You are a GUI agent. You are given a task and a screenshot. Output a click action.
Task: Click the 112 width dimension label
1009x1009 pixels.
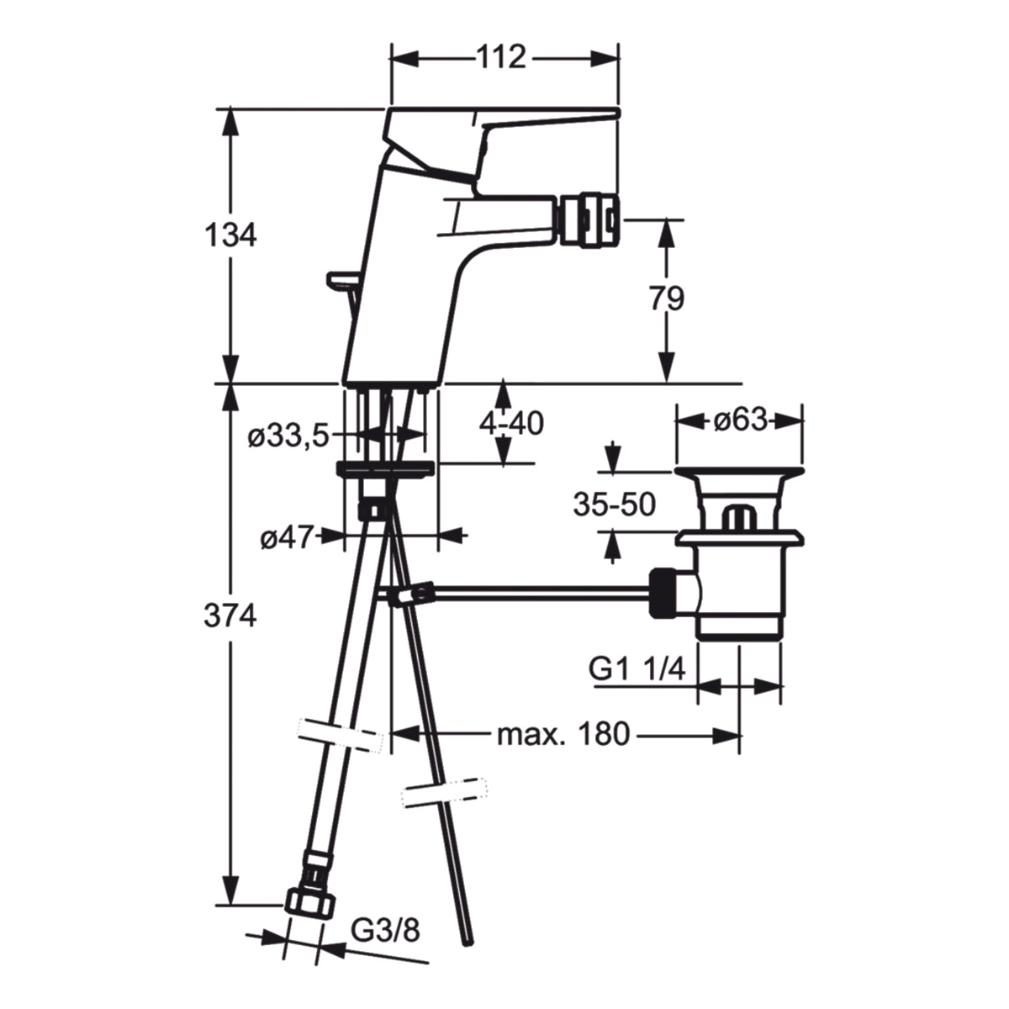[x=500, y=57]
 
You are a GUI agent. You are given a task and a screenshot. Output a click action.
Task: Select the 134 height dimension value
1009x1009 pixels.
[x=230, y=235]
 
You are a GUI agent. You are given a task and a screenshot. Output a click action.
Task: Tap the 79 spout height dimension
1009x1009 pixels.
[x=667, y=299]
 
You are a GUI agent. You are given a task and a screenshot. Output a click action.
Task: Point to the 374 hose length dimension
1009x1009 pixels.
[x=230, y=615]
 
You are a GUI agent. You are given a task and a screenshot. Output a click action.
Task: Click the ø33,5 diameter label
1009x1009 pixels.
[x=288, y=436]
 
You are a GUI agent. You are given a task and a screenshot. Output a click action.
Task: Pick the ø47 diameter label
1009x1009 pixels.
[x=287, y=537]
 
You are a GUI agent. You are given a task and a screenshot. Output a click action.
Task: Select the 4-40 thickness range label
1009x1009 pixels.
[x=511, y=423]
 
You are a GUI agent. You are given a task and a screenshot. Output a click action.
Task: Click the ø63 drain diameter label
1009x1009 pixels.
[x=741, y=420]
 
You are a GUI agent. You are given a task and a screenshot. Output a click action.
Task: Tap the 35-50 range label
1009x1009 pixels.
[x=614, y=505]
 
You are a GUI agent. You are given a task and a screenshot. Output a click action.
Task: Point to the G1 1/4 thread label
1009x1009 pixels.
[x=637, y=668]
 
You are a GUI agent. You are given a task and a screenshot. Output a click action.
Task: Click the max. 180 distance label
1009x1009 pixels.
[x=563, y=735]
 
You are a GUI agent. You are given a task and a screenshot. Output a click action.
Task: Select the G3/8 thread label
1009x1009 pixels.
[x=385, y=931]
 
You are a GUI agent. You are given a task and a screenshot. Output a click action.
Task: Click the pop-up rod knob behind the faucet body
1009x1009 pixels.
[x=342, y=280]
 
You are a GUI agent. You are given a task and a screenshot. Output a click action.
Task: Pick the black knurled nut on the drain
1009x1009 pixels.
[x=662, y=594]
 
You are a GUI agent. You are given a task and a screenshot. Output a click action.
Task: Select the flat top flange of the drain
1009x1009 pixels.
[x=739, y=472]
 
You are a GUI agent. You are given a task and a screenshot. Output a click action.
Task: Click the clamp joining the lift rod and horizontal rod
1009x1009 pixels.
[x=411, y=594]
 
